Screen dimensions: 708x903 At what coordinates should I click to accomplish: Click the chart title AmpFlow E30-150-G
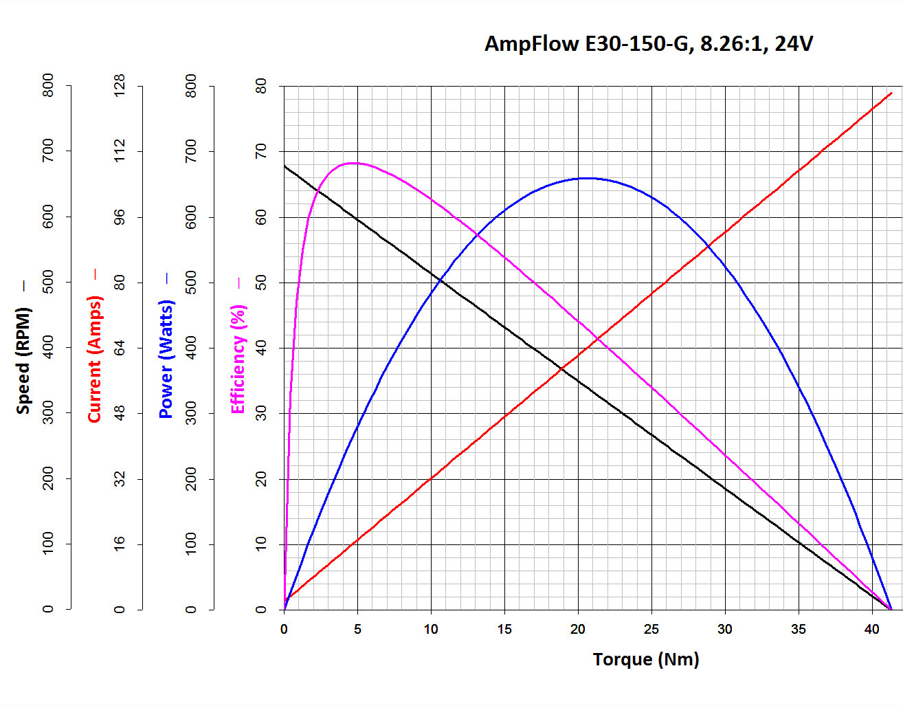pos(648,43)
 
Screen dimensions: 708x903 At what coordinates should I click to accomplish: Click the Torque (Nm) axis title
pos(645,659)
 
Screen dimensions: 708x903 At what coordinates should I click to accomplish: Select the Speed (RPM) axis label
pos(23,360)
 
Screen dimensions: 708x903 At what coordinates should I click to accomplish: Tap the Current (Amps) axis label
pos(94,359)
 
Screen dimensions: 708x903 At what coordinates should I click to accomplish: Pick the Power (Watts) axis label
pos(166,359)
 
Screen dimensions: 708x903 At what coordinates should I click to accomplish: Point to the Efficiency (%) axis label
pos(238,359)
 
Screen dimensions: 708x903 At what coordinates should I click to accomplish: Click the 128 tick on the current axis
pos(120,85)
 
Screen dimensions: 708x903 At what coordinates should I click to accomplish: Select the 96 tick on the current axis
pos(120,217)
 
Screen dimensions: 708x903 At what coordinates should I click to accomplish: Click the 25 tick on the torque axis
pos(651,629)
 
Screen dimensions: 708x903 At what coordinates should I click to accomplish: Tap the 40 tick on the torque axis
pos(871,629)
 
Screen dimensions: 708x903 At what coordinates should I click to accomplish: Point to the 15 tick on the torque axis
pos(504,629)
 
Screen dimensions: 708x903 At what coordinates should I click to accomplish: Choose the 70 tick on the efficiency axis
pos(261,151)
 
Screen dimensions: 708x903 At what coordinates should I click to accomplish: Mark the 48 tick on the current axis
pos(120,413)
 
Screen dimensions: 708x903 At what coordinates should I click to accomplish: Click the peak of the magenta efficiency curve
pos(353,163)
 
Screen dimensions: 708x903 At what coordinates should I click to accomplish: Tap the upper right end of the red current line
pos(891,93)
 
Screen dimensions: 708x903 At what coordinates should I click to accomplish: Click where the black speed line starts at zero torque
pos(285,166)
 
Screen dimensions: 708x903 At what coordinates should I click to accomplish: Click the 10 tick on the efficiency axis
pos(261,544)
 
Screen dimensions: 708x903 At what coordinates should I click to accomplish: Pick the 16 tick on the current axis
pos(120,544)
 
